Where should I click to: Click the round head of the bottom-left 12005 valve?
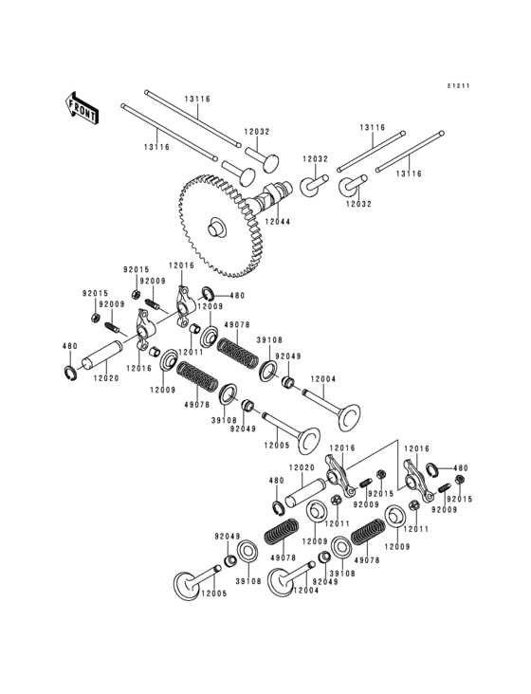pyautogui.click(x=186, y=585)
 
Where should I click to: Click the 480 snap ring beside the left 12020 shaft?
pyautogui.click(x=69, y=371)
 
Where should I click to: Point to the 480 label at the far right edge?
pyautogui.click(x=460, y=467)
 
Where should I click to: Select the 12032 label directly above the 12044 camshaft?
pyautogui.click(x=256, y=133)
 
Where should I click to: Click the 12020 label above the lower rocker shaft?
pyautogui.click(x=302, y=467)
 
